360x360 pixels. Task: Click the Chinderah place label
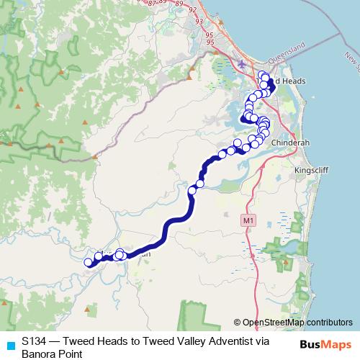[290, 143]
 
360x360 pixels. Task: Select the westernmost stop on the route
[89, 263]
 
